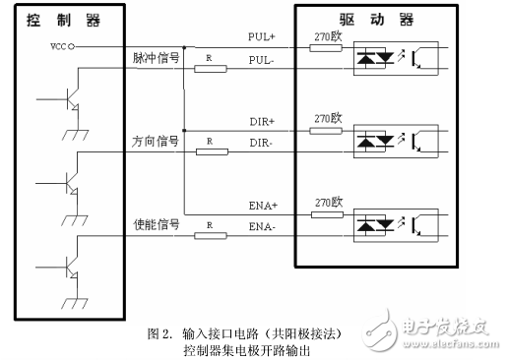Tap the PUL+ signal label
pyautogui.click(x=261, y=37)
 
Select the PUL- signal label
pyautogui.click(x=261, y=61)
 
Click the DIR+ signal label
pyautogui.click(x=261, y=122)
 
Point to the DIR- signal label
pyautogui.click(x=261, y=144)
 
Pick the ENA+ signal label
pyautogui.click(x=261, y=205)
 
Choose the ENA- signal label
pyautogui.click(x=261, y=227)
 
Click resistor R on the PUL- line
pyautogui.click(x=212, y=69)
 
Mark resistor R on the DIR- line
pyautogui.click(x=212, y=152)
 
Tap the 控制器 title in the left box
pyautogui.click(x=66, y=19)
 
